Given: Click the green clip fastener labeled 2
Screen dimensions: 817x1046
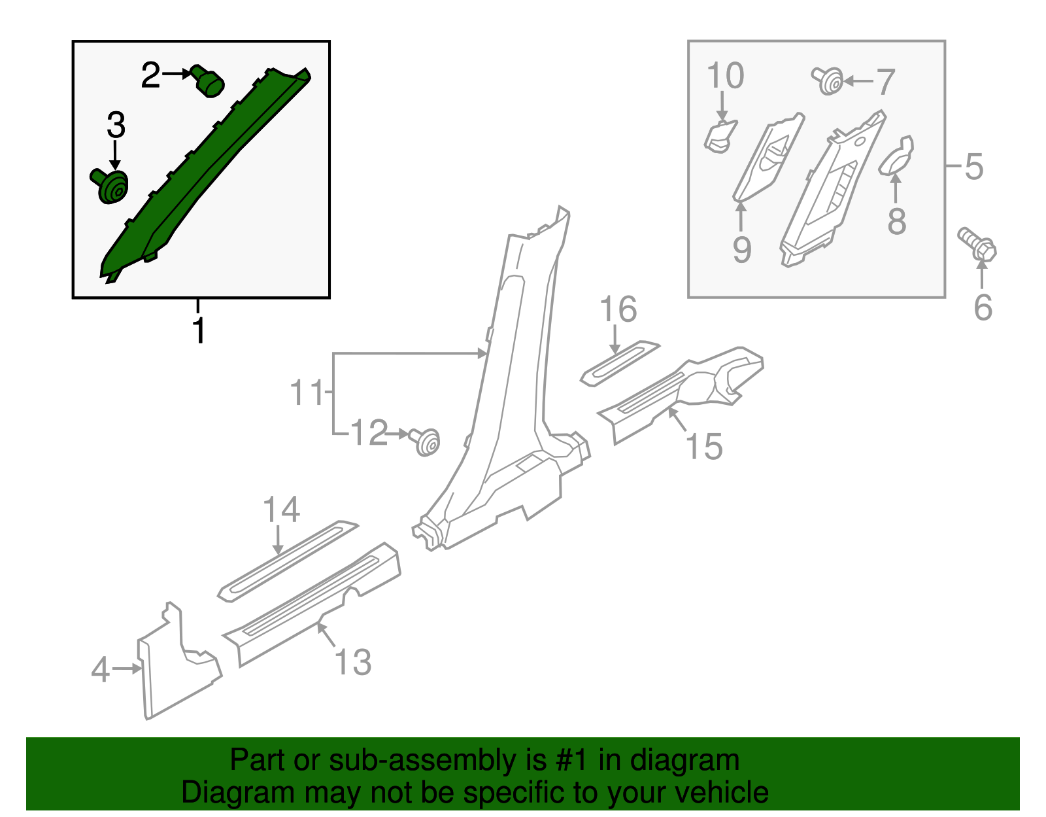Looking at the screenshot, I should tap(209, 81).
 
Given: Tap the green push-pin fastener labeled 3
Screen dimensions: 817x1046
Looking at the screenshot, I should tap(110, 186).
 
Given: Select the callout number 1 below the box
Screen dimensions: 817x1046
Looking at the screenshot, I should tap(199, 330).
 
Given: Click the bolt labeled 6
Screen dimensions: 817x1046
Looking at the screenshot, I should tap(978, 246).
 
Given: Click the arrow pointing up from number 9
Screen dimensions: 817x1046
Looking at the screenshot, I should tap(741, 216).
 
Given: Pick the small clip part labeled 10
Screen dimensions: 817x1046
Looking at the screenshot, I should tap(719, 137).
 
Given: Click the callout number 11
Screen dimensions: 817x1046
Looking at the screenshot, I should tap(306, 392).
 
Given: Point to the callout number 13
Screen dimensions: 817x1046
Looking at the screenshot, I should tap(353, 662).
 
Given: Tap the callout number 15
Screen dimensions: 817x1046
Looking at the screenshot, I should tap(703, 447).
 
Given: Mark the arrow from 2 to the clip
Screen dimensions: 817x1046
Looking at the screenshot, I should tap(175, 74).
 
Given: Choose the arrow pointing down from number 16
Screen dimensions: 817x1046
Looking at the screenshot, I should tap(615, 340).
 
